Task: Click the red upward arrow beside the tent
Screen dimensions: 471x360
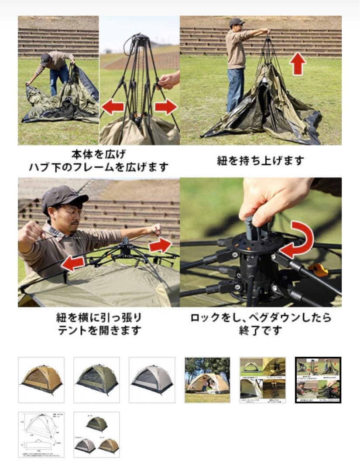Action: pyautogui.click(x=298, y=64)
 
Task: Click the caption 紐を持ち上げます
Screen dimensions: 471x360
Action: pyautogui.click(x=261, y=160)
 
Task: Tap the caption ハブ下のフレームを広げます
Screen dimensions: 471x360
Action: pyautogui.click(x=99, y=167)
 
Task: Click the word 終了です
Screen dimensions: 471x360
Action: pyautogui.click(x=261, y=331)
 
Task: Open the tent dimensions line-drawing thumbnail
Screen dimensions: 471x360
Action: pyautogui.click(x=41, y=434)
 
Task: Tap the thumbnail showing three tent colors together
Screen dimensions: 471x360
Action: pyautogui.click(x=96, y=434)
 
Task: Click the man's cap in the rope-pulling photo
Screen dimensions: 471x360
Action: pyautogui.click(x=64, y=195)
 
